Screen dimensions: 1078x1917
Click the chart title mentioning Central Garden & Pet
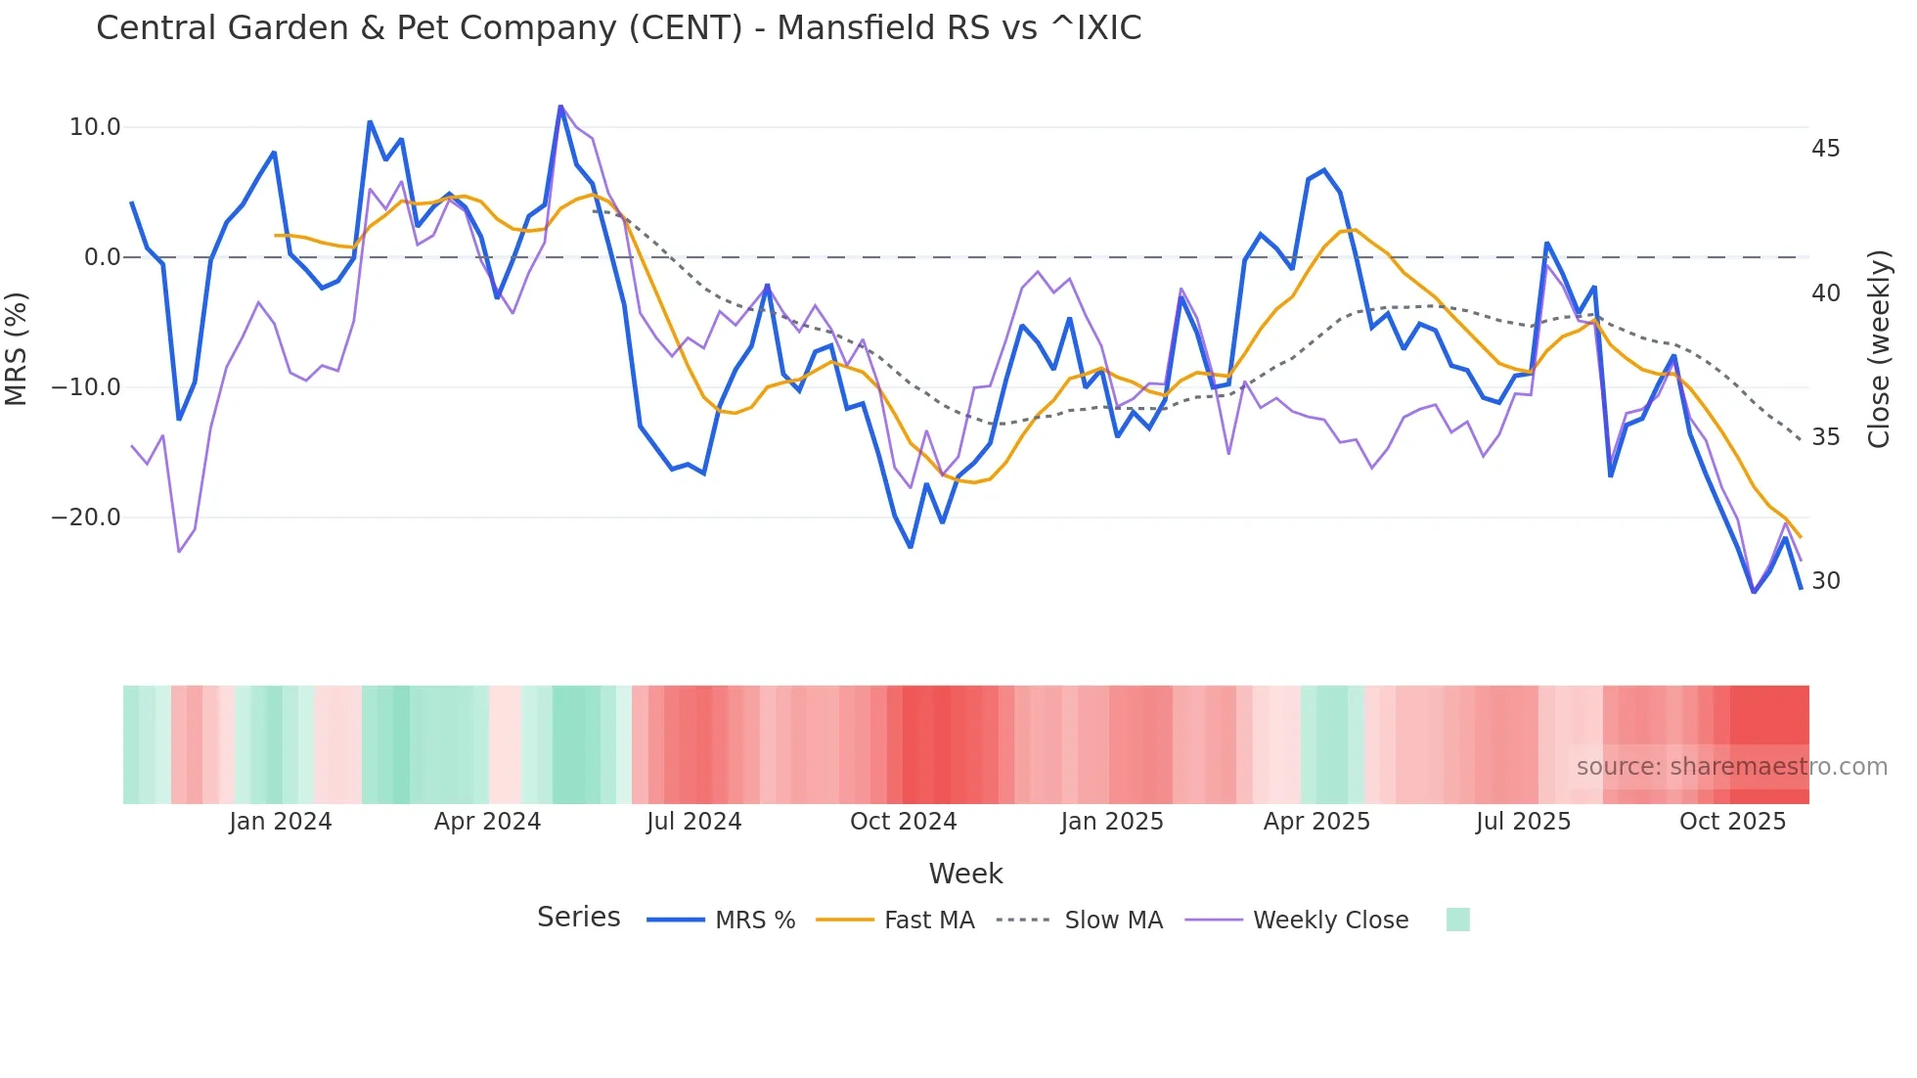tap(618, 28)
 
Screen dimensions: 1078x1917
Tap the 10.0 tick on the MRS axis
tap(95, 127)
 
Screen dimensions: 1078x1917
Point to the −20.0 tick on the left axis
tap(86, 517)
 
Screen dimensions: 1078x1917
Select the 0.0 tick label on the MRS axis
tap(102, 257)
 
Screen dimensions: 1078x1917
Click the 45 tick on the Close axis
tap(1825, 149)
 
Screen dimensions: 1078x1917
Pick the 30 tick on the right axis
tap(1825, 581)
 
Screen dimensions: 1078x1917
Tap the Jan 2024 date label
tap(281, 822)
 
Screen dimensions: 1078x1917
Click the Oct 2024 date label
tap(903, 822)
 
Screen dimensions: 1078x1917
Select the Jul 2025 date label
tap(1523, 822)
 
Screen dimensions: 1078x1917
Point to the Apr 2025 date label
tap(1316, 822)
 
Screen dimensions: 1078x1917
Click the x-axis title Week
tap(965, 874)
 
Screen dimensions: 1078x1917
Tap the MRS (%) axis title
tap(17, 348)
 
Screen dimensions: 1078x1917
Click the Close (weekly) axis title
tap(1878, 348)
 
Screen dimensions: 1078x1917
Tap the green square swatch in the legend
tap(1457, 920)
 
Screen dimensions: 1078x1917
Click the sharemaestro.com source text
tap(1731, 767)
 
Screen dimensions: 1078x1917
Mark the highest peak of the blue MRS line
tap(560, 106)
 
